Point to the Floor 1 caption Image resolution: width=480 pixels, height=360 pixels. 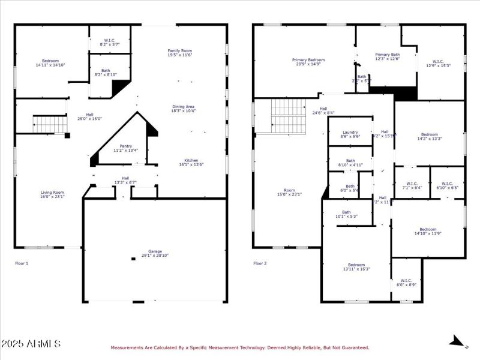coord(22,263)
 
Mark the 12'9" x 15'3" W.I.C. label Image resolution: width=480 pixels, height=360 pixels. coord(438,63)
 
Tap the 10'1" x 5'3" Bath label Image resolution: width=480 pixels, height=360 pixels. coord(346,214)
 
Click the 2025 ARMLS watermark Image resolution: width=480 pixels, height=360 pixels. coord(31,344)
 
